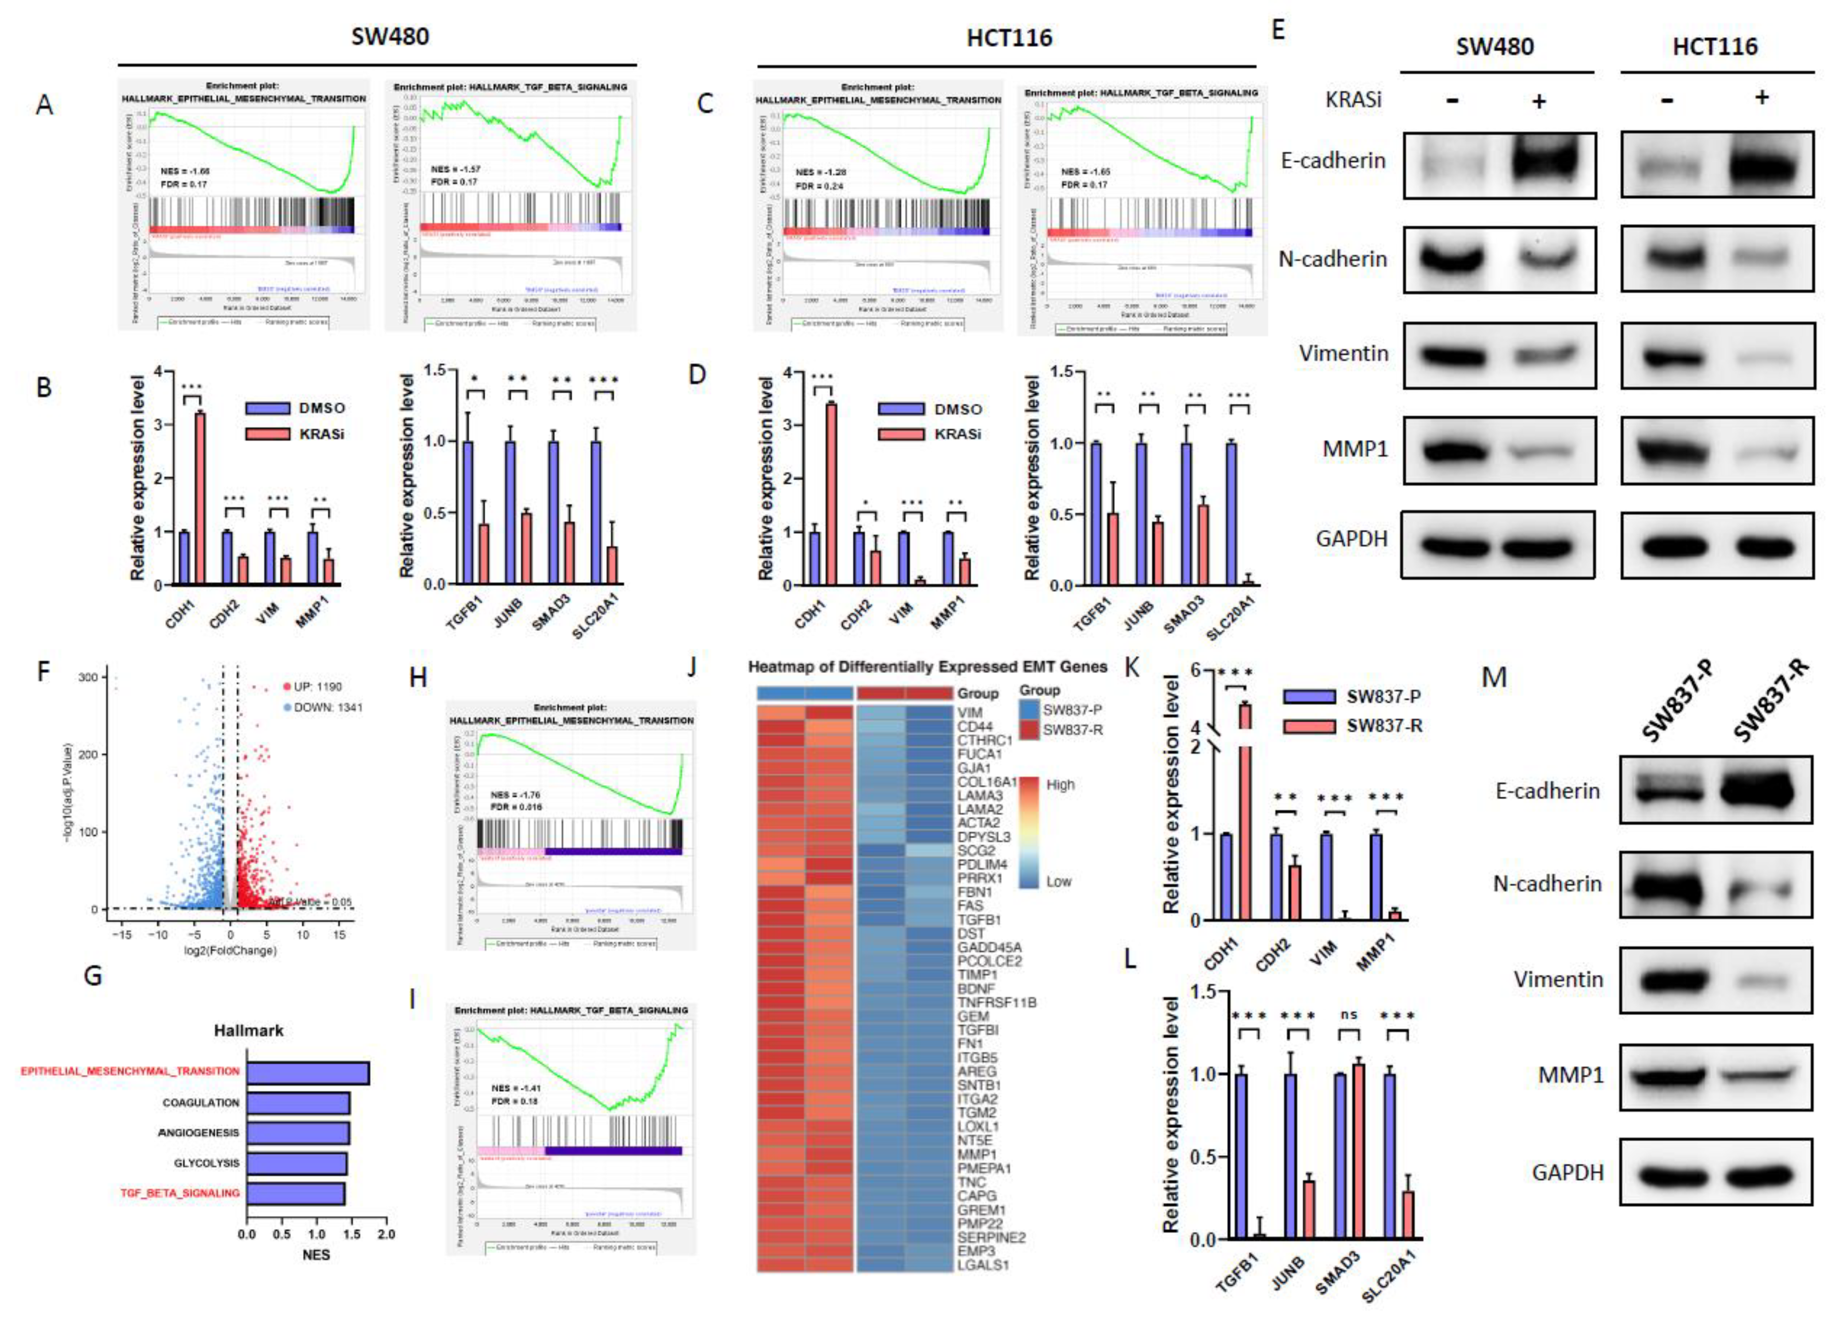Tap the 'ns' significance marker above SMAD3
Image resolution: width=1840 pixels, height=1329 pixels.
(x=1349, y=1015)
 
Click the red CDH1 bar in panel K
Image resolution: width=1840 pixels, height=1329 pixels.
(x=1243, y=811)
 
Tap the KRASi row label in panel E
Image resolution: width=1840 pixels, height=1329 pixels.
(x=1353, y=100)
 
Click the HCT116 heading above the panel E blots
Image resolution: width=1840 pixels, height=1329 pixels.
(x=1715, y=46)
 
